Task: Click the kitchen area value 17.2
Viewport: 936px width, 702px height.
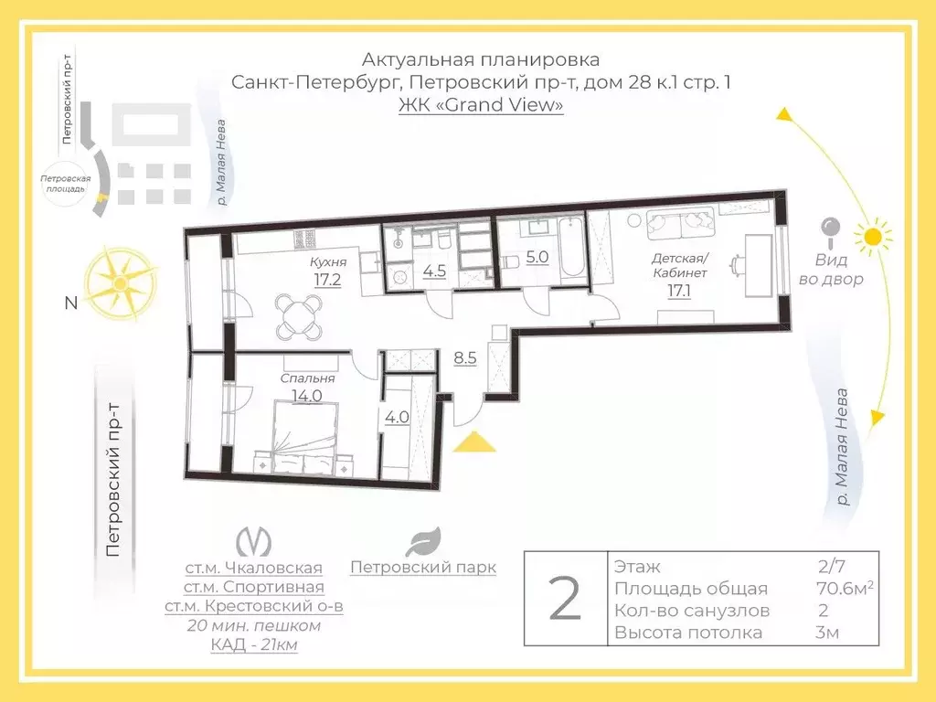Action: pos(327,280)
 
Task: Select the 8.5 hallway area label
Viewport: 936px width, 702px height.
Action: pos(464,357)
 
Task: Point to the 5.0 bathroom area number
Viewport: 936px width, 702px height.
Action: pos(537,257)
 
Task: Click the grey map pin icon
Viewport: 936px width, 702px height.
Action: pos(830,231)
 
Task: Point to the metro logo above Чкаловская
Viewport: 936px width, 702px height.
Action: pos(253,542)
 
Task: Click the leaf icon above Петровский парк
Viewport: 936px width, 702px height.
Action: pos(423,541)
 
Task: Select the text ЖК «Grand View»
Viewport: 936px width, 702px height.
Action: pos(481,104)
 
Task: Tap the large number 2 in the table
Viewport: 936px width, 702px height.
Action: pos(564,600)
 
